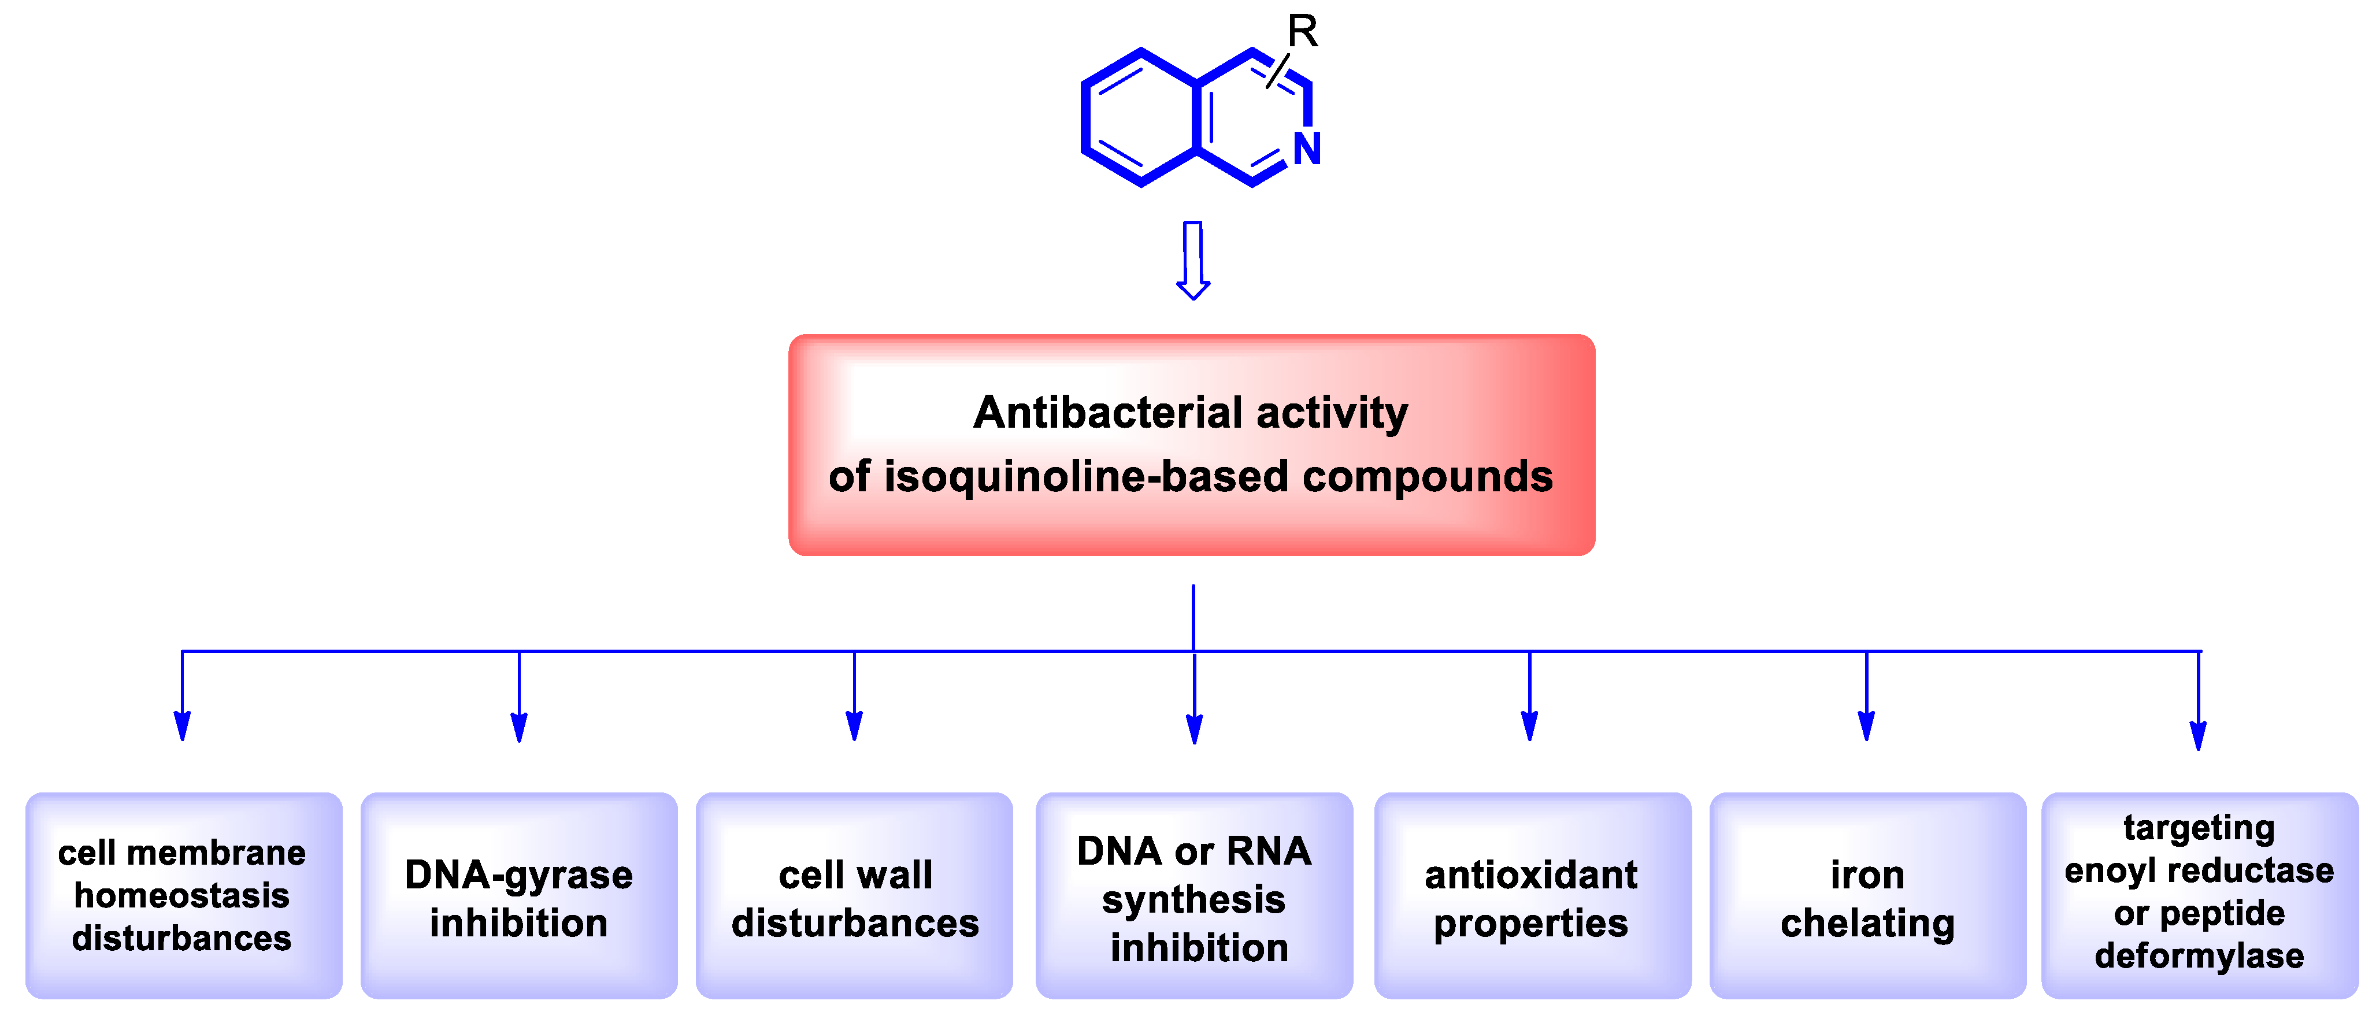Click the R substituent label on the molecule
click(1302, 31)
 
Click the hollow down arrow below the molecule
click(1192, 261)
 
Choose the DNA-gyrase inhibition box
click(518, 895)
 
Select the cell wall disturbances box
click(854, 895)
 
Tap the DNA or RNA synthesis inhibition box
click(1195, 895)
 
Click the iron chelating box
click(1867, 895)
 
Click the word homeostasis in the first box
click(181, 895)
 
